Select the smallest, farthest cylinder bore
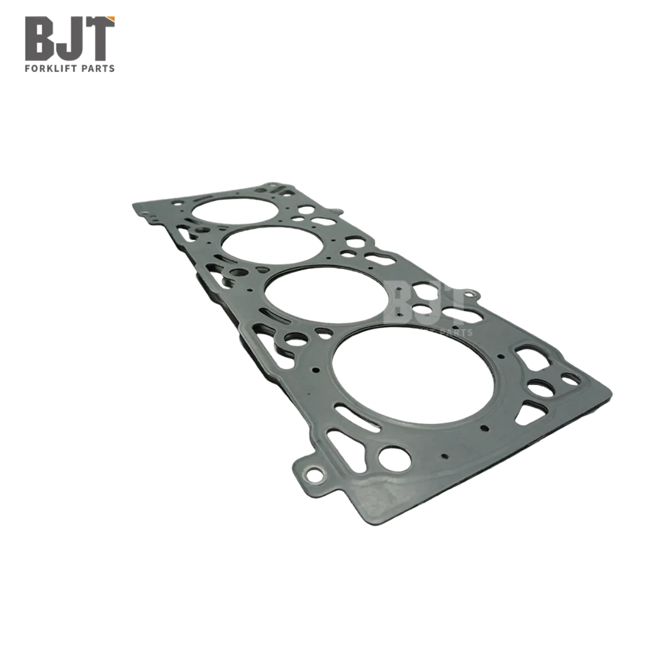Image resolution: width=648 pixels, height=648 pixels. click(x=235, y=210)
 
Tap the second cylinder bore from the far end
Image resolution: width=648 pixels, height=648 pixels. click(x=272, y=245)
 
